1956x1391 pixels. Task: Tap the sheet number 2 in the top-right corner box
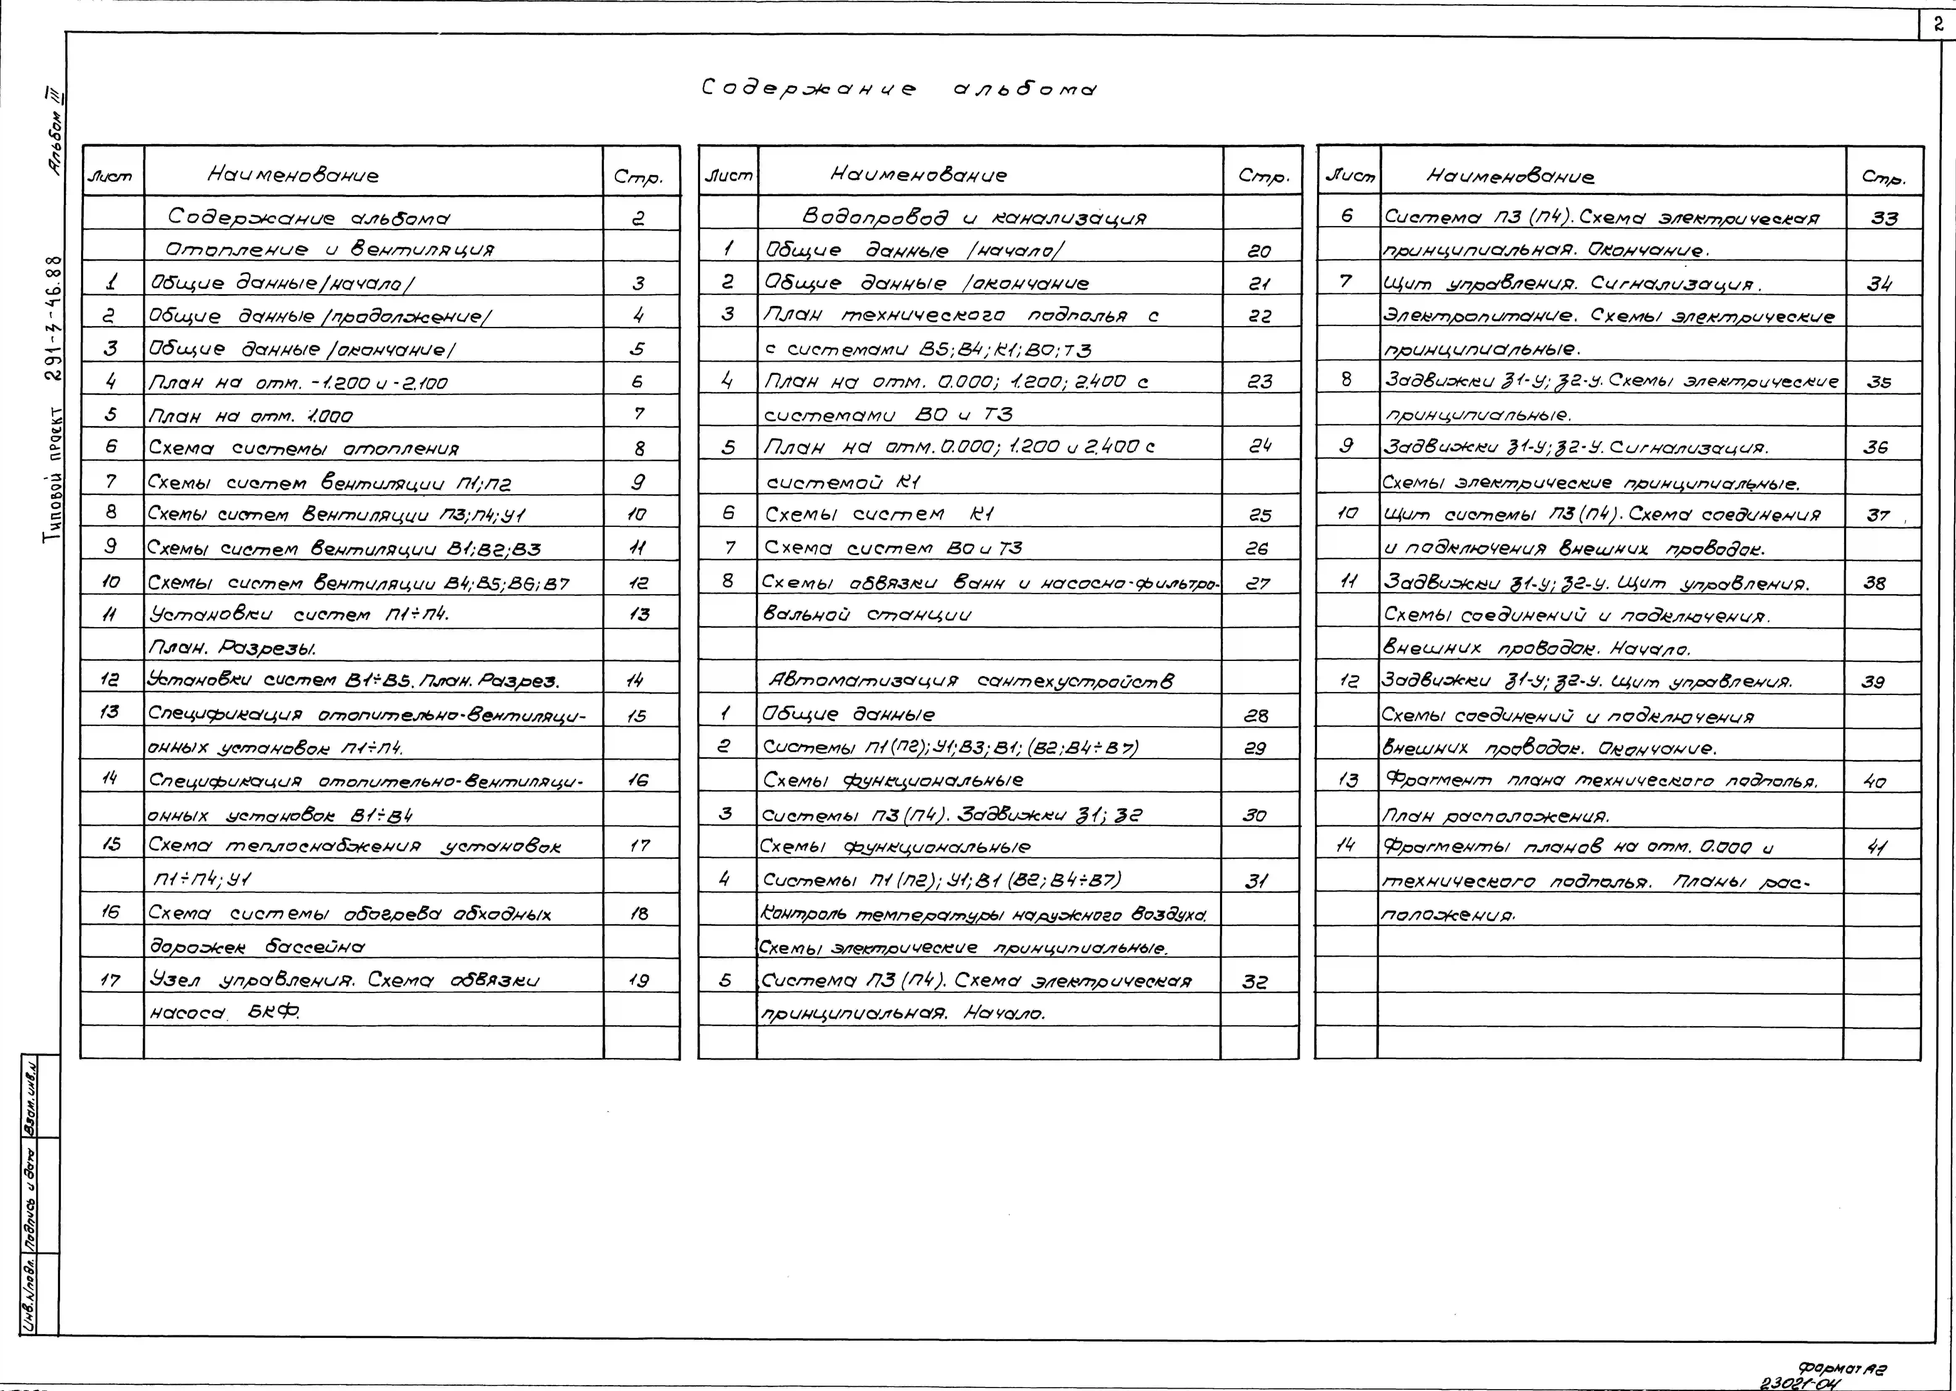(1937, 25)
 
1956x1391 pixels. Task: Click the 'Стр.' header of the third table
(1883, 177)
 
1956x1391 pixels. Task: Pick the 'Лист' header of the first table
(111, 176)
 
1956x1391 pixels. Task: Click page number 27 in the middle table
(1257, 583)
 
